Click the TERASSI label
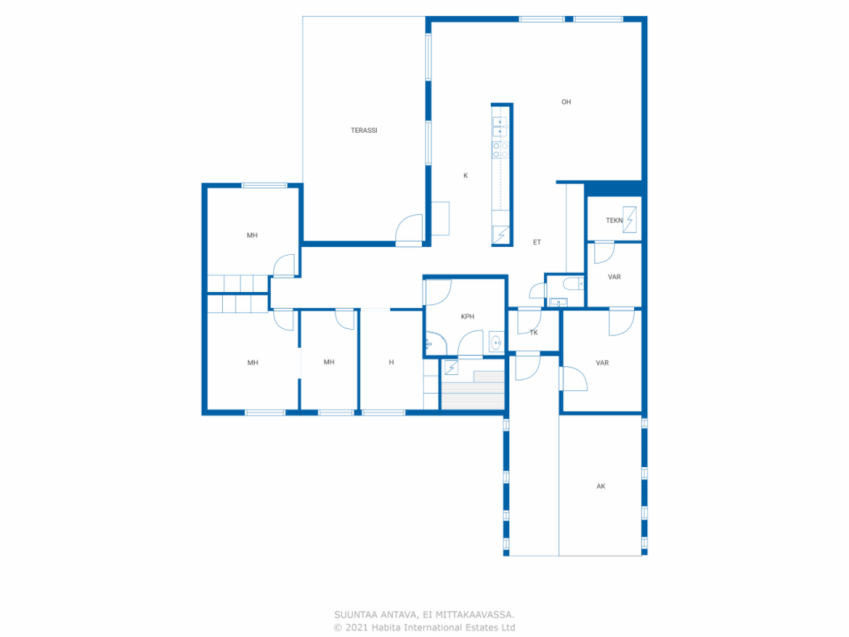click(363, 131)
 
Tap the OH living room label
click(566, 102)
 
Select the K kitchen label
click(466, 176)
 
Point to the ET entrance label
click(537, 243)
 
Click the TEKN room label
click(614, 220)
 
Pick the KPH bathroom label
click(468, 317)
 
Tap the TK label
click(534, 333)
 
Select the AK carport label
click(601, 486)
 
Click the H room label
click(391, 362)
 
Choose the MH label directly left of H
click(329, 362)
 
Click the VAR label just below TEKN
click(614, 277)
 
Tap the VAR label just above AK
click(602, 363)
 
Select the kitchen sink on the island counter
click(499, 127)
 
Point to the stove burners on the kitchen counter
click(500, 150)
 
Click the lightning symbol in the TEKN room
click(630, 219)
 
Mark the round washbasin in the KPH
click(495, 343)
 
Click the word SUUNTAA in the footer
click(356, 615)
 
